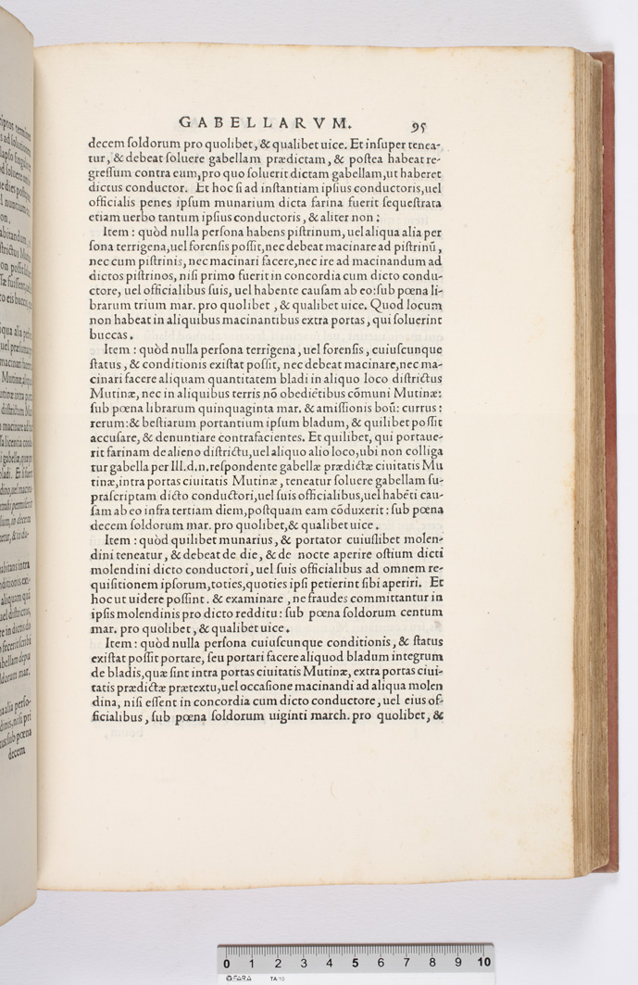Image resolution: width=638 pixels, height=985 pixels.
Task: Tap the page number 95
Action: pos(418,126)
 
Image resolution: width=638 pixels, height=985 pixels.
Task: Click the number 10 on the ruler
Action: pos(483,963)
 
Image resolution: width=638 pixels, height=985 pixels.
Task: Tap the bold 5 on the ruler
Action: pos(355,963)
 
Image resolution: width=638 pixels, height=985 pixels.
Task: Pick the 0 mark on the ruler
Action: pos(227,963)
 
